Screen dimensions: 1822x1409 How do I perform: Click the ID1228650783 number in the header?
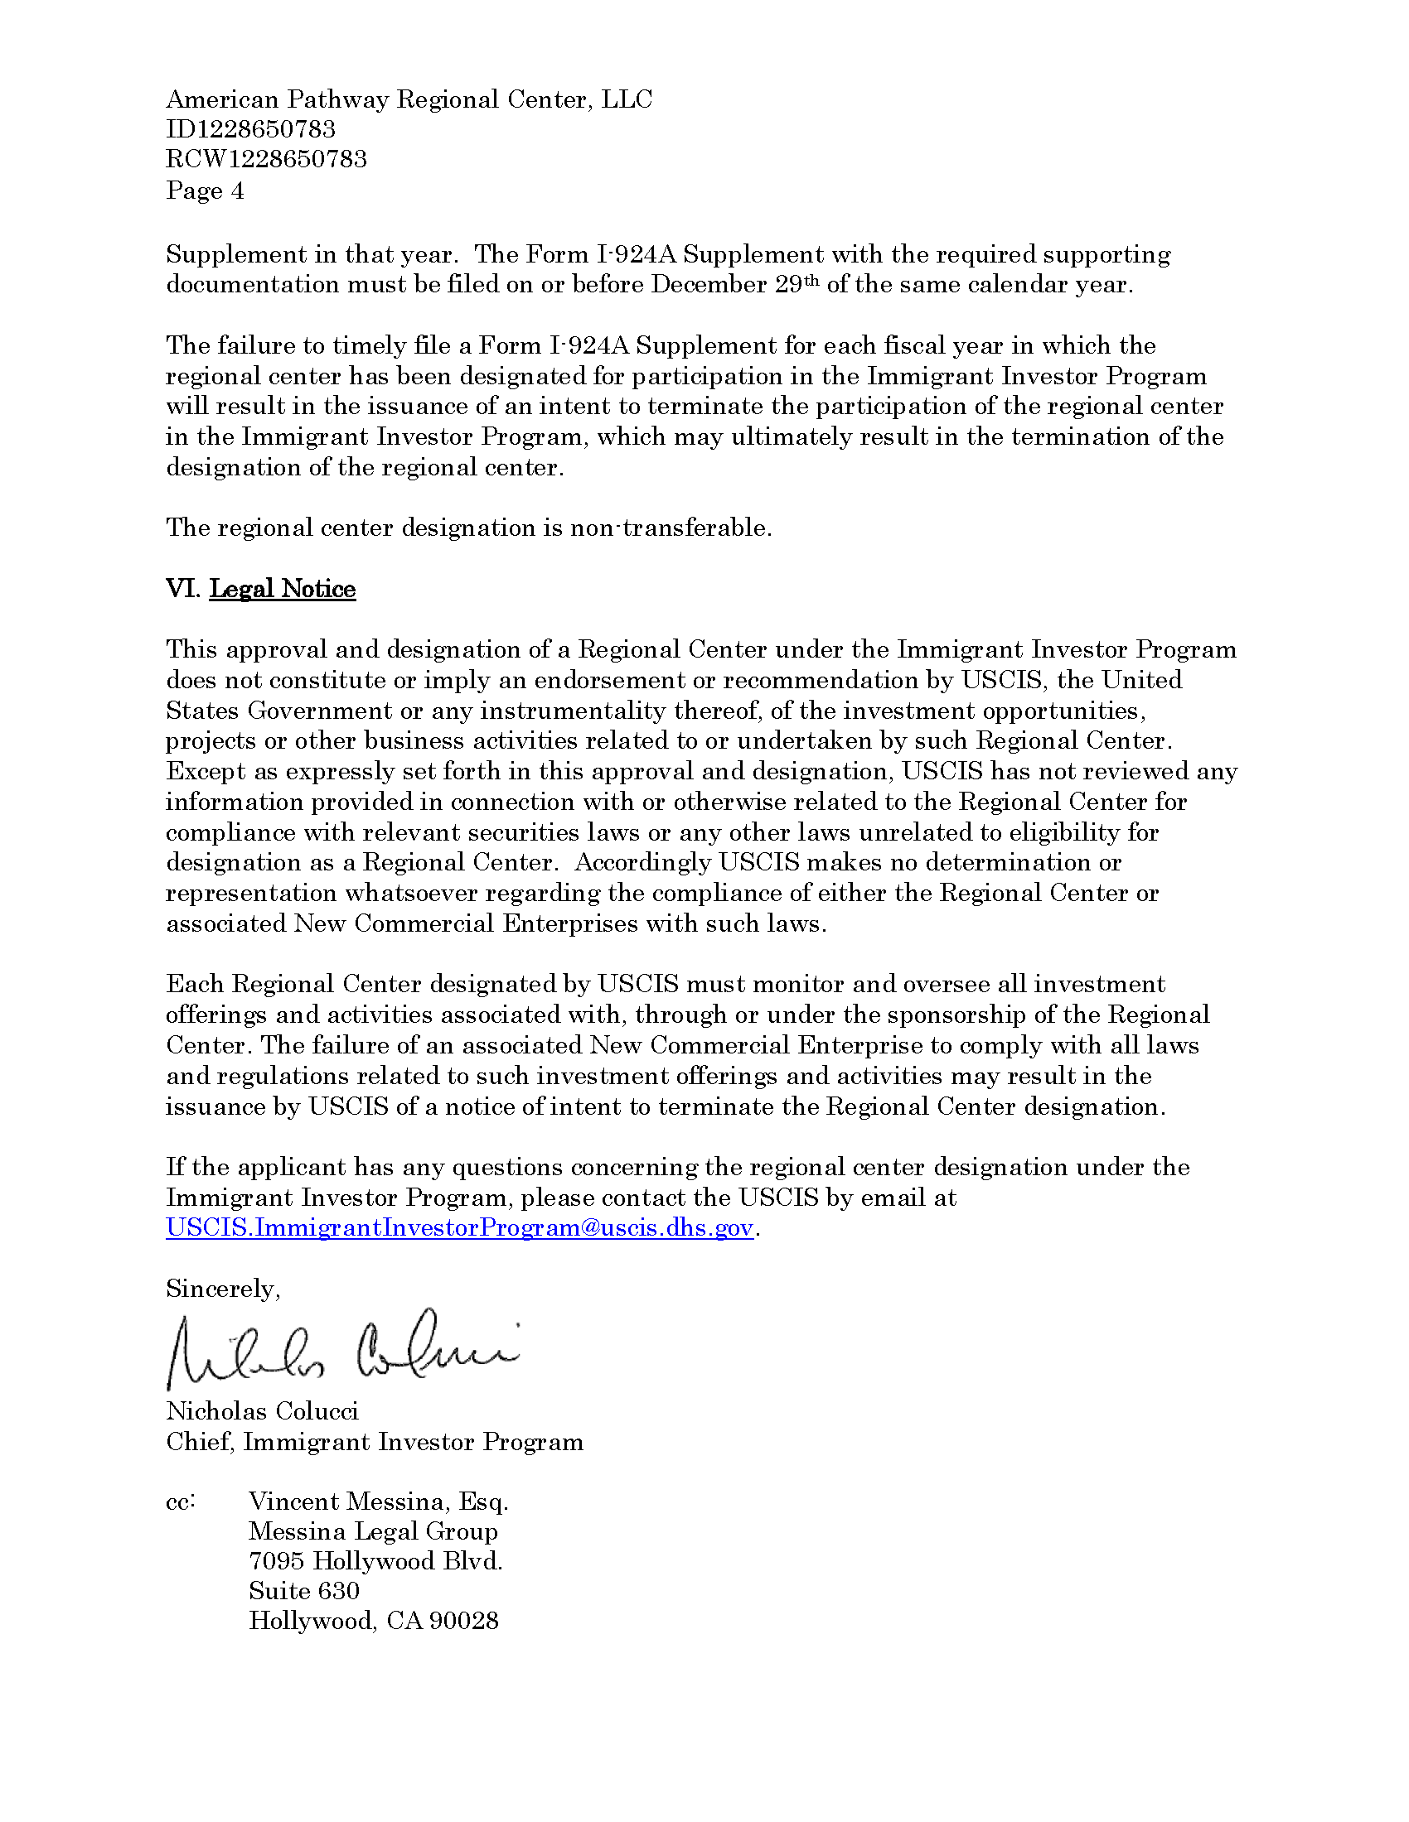(x=250, y=129)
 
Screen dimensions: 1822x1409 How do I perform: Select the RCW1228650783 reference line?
(x=266, y=159)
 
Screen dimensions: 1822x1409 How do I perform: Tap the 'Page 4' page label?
(x=205, y=191)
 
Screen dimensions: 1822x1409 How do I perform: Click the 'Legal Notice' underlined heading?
(x=282, y=589)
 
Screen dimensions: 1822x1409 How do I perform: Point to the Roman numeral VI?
(x=182, y=589)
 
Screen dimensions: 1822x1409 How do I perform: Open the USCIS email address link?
(x=459, y=1228)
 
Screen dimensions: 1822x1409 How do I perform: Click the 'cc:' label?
(x=181, y=1501)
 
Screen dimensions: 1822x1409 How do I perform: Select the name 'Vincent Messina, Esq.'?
(x=378, y=1501)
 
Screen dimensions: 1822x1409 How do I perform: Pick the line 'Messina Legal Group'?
(x=373, y=1531)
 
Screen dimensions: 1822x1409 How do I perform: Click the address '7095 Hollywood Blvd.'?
(x=375, y=1561)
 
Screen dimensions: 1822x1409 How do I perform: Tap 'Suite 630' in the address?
(x=304, y=1591)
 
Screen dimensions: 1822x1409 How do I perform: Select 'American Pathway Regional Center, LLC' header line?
(x=409, y=99)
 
